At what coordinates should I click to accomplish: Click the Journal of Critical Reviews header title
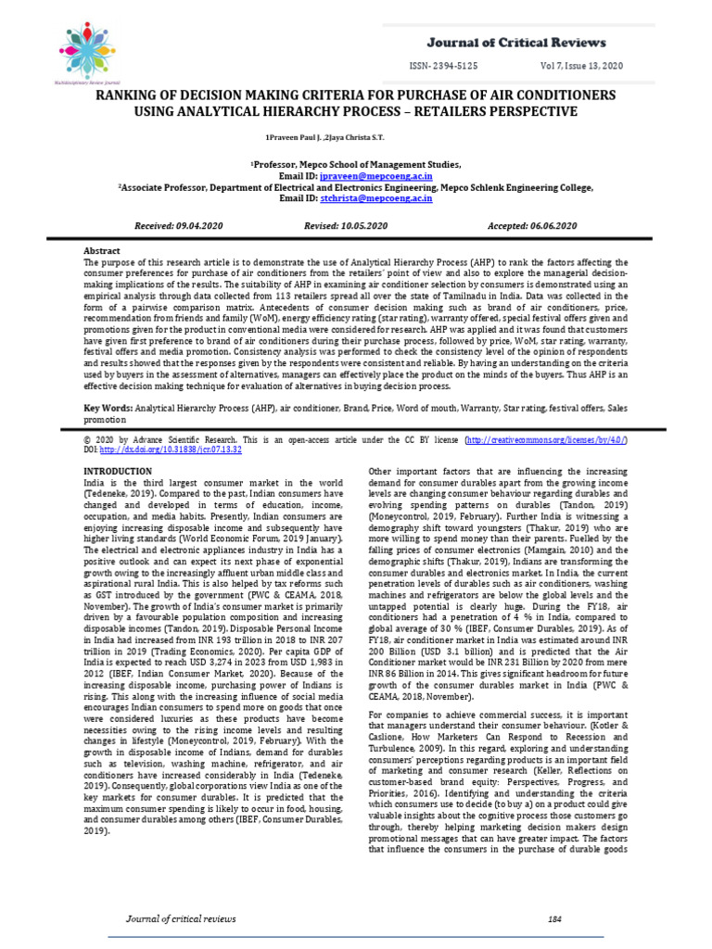(516, 43)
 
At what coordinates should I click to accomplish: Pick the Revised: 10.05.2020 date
(346, 226)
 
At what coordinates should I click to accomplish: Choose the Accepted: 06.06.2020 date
(532, 226)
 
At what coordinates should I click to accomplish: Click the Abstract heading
(103, 251)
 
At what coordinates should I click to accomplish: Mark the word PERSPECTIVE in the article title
(526, 112)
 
